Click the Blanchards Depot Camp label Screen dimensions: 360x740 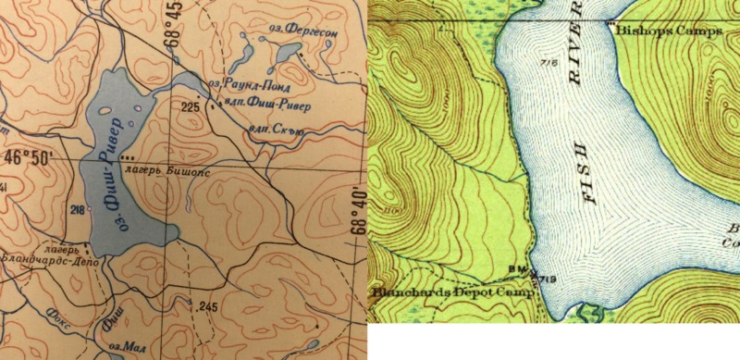pos(453,293)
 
